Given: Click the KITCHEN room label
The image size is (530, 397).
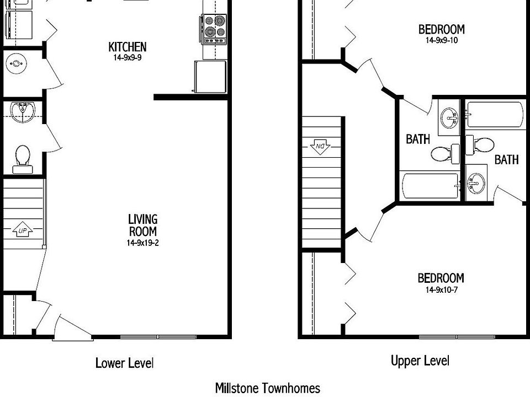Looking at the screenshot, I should (x=128, y=47).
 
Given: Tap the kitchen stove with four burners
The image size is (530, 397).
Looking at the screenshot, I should (x=214, y=29).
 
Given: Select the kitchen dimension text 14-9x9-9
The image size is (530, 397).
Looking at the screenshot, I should (x=128, y=57).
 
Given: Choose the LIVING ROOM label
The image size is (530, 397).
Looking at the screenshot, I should (x=142, y=226).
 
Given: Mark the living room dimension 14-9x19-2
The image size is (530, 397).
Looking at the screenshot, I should (x=142, y=242).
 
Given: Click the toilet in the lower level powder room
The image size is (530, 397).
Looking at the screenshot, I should (x=23, y=157).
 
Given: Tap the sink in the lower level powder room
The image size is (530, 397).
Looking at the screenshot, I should (x=23, y=110).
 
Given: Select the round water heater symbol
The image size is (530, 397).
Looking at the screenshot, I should (x=17, y=63).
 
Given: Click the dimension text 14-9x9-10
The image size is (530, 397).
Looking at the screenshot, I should (x=441, y=40).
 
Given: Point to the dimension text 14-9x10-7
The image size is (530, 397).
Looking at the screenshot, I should (x=441, y=290).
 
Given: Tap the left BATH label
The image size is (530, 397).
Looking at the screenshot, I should (x=418, y=139).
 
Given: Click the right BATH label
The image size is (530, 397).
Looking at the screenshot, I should (x=506, y=160).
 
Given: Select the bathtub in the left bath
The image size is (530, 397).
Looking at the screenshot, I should (x=430, y=186).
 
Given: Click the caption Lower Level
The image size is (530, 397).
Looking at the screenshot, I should (x=124, y=363).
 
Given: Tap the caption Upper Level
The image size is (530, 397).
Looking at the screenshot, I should (x=420, y=361).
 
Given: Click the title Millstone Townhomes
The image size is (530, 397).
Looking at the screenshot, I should (x=267, y=388).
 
